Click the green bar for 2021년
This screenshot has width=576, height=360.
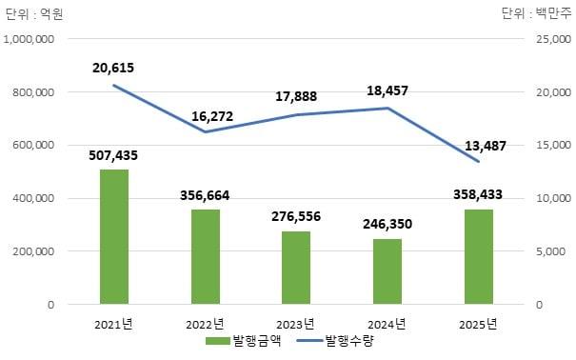click(114, 237)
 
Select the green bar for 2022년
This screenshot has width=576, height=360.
click(205, 257)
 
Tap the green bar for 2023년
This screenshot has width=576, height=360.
click(296, 268)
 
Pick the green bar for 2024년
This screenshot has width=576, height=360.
click(387, 271)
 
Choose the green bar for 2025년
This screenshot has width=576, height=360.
click(479, 257)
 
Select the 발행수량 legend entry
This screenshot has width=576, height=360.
click(333, 340)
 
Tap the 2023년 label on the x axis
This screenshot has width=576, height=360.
click(296, 324)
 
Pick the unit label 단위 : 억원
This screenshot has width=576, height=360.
click(34, 12)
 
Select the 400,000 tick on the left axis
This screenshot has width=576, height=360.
click(36, 198)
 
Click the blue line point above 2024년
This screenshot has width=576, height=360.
click(387, 108)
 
